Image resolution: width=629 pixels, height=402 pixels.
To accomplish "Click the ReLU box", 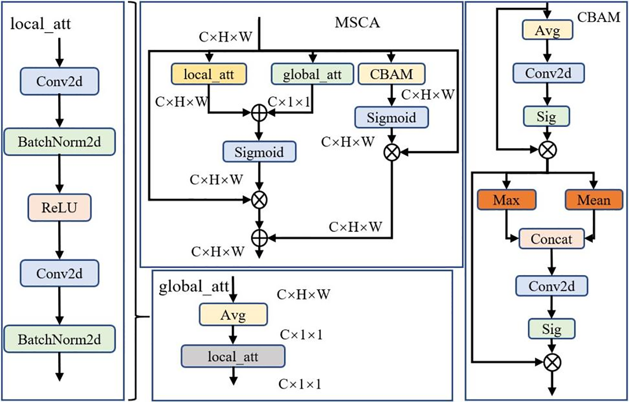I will (x=59, y=207).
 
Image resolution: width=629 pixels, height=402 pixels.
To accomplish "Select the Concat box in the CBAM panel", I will (x=551, y=239).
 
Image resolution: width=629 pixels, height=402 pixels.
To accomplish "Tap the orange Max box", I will (x=506, y=200).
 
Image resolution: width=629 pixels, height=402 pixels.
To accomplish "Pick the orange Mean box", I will (x=594, y=200).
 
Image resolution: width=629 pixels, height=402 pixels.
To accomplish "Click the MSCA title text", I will (x=357, y=22).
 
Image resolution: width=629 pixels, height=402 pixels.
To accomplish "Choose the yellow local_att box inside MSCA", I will (x=209, y=74).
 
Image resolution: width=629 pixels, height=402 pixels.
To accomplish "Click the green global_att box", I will (x=312, y=74).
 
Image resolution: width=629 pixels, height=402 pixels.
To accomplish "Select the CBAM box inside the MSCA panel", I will (x=391, y=74).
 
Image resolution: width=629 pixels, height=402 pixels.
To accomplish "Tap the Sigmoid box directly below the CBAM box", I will (x=391, y=118).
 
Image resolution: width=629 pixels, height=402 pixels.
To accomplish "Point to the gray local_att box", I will (x=233, y=356).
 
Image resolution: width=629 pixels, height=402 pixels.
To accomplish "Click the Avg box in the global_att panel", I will (x=233, y=314).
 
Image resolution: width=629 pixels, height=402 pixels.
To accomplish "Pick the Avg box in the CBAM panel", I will (x=547, y=30).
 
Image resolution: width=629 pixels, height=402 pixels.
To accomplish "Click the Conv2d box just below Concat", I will (x=551, y=286).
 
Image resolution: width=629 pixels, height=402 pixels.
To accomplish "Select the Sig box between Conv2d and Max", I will (x=546, y=116).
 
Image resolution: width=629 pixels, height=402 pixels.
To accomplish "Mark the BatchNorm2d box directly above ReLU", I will (x=59, y=142).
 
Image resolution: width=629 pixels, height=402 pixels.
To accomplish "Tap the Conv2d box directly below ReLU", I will (x=59, y=273).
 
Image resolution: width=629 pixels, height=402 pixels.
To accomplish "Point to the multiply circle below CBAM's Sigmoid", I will (x=392, y=152).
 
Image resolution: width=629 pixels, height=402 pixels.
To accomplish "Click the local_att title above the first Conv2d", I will (x=40, y=24).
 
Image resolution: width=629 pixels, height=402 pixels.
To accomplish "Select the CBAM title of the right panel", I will (x=598, y=17).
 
